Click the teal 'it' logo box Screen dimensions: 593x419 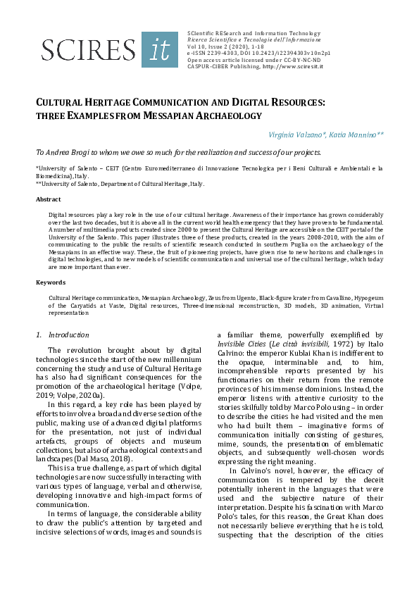coord(160,49)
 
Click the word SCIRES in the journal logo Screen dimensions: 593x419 coord(89,49)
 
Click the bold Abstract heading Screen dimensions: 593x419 coord(48,199)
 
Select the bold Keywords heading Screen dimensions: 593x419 coord(50,282)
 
